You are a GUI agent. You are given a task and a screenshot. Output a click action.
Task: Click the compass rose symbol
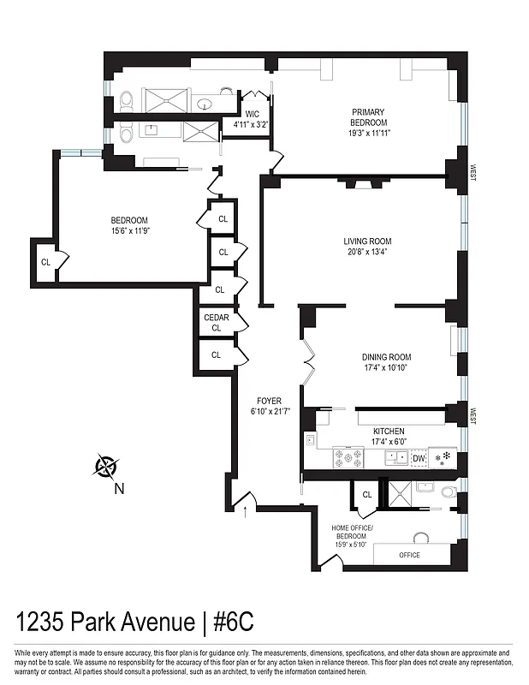point(107,468)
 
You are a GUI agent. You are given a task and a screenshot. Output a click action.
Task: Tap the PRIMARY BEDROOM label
point(367,117)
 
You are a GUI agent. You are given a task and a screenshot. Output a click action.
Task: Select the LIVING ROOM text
point(367,241)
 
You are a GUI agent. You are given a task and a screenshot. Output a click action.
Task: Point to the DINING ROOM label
point(386,357)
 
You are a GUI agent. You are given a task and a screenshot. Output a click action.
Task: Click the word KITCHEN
point(389,431)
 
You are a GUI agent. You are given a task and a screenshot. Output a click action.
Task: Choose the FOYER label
point(269,401)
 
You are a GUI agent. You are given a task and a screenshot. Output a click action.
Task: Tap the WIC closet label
point(252,114)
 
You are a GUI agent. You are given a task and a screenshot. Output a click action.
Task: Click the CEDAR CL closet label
point(216,322)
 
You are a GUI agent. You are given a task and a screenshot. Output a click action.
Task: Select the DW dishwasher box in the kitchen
point(419,459)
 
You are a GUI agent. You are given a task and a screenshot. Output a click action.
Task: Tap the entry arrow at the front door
point(247,513)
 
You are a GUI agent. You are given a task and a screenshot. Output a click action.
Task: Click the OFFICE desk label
point(409,555)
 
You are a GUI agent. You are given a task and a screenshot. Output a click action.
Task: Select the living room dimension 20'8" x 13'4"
point(367,252)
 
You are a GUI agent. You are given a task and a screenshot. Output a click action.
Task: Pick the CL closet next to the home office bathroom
point(366,494)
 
